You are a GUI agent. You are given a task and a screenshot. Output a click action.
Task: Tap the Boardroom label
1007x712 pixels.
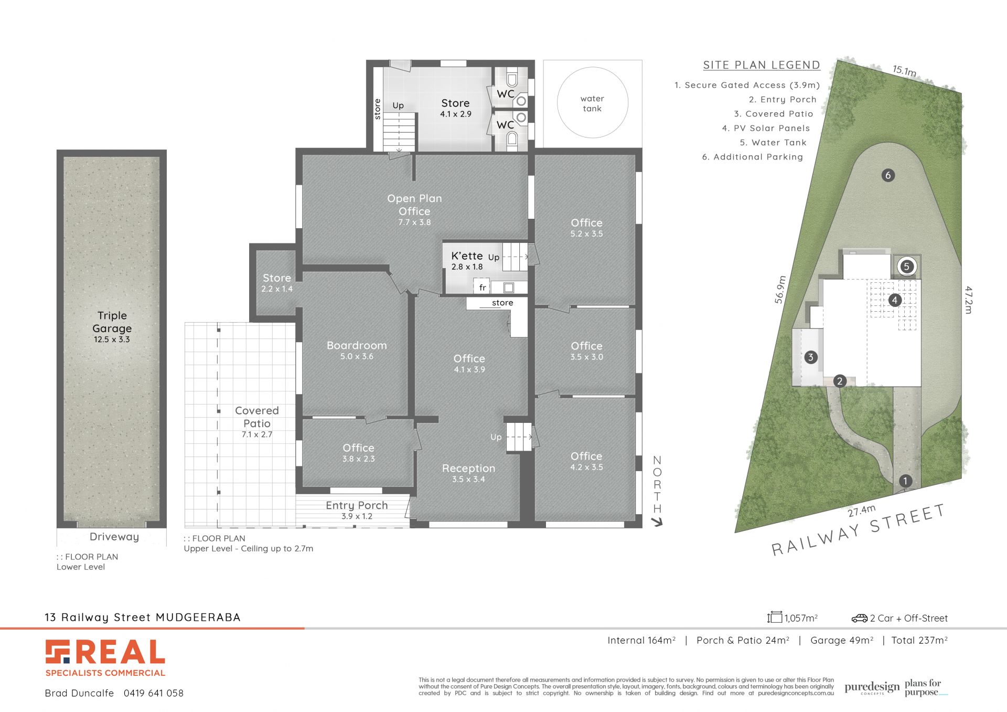coord(357,346)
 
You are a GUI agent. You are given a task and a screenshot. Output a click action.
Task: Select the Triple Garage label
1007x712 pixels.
coord(112,322)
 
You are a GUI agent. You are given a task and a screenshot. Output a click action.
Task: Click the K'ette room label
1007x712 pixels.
coord(467,256)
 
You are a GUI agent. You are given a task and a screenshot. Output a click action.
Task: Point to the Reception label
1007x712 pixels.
coord(468,468)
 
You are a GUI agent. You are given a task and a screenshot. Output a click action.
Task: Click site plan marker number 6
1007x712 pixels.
coord(888,175)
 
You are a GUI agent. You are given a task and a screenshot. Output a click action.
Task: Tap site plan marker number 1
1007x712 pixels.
coord(905,481)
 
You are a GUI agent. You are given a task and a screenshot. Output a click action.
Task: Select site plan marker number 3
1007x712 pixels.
coord(810,357)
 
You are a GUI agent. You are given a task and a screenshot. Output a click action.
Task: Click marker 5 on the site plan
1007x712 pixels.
coord(906,267)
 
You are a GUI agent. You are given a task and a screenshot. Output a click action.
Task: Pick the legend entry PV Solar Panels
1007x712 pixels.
coord(766,128)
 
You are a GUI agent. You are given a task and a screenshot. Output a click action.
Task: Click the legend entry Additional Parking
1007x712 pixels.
coord(753,157)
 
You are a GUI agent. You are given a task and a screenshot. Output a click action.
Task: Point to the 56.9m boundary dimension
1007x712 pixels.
coord(780,290)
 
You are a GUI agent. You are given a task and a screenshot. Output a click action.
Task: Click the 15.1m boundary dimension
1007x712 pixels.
coord(904,70)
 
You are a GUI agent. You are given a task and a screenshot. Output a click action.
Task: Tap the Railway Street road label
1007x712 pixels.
coord(858,529)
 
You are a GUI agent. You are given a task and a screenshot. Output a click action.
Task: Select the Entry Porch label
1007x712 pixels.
coord(357,505)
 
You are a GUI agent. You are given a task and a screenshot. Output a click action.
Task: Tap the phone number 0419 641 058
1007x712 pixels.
coord(154,693)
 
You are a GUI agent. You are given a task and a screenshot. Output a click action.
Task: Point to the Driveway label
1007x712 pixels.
coord(114,537)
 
